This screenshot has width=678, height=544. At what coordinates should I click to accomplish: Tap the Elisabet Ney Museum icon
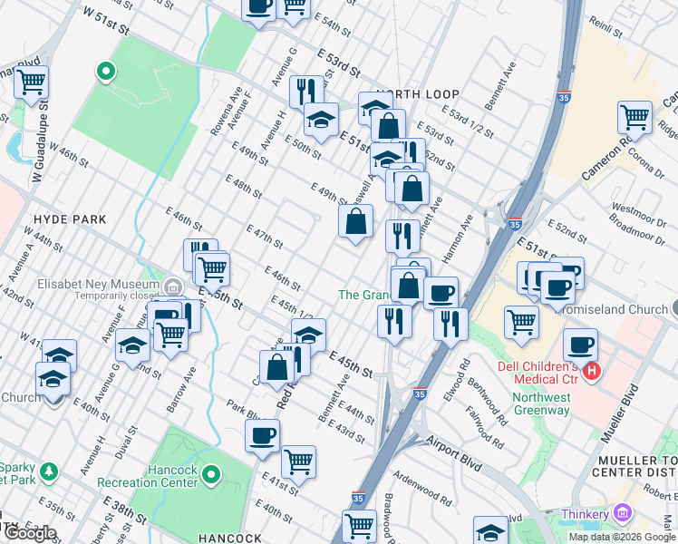[172, 288]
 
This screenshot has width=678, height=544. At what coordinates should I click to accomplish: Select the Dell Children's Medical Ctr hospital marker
[592, 371]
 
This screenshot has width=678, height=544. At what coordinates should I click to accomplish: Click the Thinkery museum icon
[622, 515]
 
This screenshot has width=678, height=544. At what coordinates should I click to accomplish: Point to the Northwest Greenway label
[541, 403]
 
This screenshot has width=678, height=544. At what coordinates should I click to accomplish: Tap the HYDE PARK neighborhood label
[70, 219]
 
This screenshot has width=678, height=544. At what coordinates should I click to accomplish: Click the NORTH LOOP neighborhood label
[418, 94]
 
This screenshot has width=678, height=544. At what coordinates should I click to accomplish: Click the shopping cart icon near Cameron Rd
[634, 117]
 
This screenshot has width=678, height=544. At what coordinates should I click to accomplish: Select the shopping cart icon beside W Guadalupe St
[31, 82]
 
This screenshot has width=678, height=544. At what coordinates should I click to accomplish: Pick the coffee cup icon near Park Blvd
[262, 434]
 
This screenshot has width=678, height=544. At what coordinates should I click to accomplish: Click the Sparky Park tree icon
[49, 472]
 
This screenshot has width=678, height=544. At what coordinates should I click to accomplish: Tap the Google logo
[30, 533]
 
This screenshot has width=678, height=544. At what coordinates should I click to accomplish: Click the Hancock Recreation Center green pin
[211, 473]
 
